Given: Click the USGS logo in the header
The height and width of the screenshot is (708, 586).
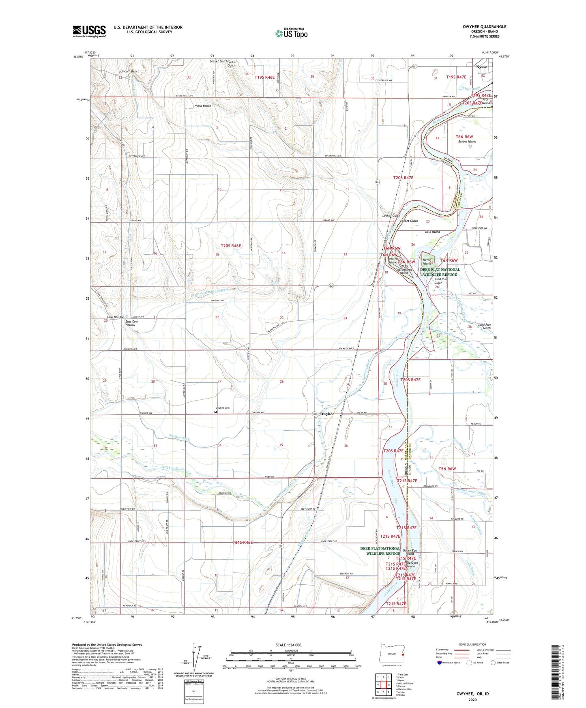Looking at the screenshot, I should click(x=89, y=31).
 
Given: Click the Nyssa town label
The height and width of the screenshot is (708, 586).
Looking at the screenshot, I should click(x=482, y=67).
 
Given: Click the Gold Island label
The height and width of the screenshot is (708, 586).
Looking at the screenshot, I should click(x=432, y=232).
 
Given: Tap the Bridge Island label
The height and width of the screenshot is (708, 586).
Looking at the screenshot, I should click(x=467, y=142).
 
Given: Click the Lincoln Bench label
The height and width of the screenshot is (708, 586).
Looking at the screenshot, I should click(x=129, y=71).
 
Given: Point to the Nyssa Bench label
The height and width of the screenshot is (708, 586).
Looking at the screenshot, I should click(x=203, y=106).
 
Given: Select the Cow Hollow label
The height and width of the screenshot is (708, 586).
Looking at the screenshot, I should click(x=115, y=317).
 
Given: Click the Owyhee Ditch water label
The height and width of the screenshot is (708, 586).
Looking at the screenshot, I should click(x=179, y=438).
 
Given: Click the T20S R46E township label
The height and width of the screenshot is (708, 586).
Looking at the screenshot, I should click(x=231, y=246).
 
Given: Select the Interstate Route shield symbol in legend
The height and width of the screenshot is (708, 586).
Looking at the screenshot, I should click(x=440, y=663).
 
